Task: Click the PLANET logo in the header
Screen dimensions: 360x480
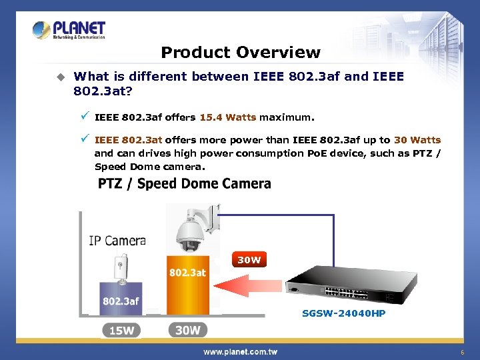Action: [69, 30]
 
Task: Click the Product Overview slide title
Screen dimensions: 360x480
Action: [241, 53]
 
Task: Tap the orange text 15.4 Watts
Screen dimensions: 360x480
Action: [227, 118]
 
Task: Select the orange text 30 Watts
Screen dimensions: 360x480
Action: [417, 140]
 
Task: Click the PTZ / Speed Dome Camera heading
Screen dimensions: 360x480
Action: [185, 184]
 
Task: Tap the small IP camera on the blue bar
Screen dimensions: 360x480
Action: [121, 267]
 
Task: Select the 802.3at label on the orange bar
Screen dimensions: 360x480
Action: [187, 273]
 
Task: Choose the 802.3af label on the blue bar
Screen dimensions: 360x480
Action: [121, 301]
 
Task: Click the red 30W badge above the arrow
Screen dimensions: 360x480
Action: [249, 260]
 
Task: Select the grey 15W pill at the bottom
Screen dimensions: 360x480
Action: [121, 330]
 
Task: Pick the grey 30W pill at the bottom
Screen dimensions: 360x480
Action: [187, 330]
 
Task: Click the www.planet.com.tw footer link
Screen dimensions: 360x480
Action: [240, 351]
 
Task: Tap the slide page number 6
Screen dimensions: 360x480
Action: [461, 351]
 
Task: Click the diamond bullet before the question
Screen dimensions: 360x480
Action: [61, 77]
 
